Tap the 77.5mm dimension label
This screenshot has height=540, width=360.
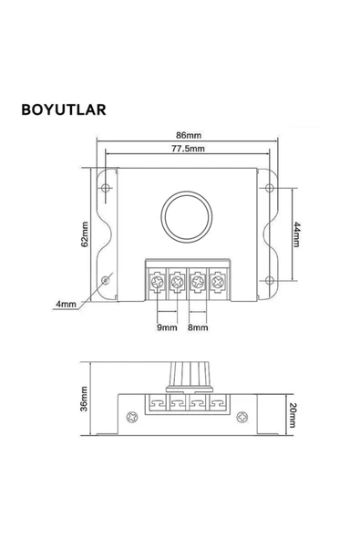click(x=188, y=148)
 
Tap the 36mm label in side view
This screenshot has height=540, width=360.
click(x=83, y=398)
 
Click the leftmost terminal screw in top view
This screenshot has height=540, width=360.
click(x=156, y=283)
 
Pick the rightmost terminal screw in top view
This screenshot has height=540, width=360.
click(x=217, y=283)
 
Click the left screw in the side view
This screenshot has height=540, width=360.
click(x=132, y=418)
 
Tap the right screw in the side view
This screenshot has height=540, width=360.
click(x=242, y=418)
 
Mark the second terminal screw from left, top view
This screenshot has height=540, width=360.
click(x=176, y=283)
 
